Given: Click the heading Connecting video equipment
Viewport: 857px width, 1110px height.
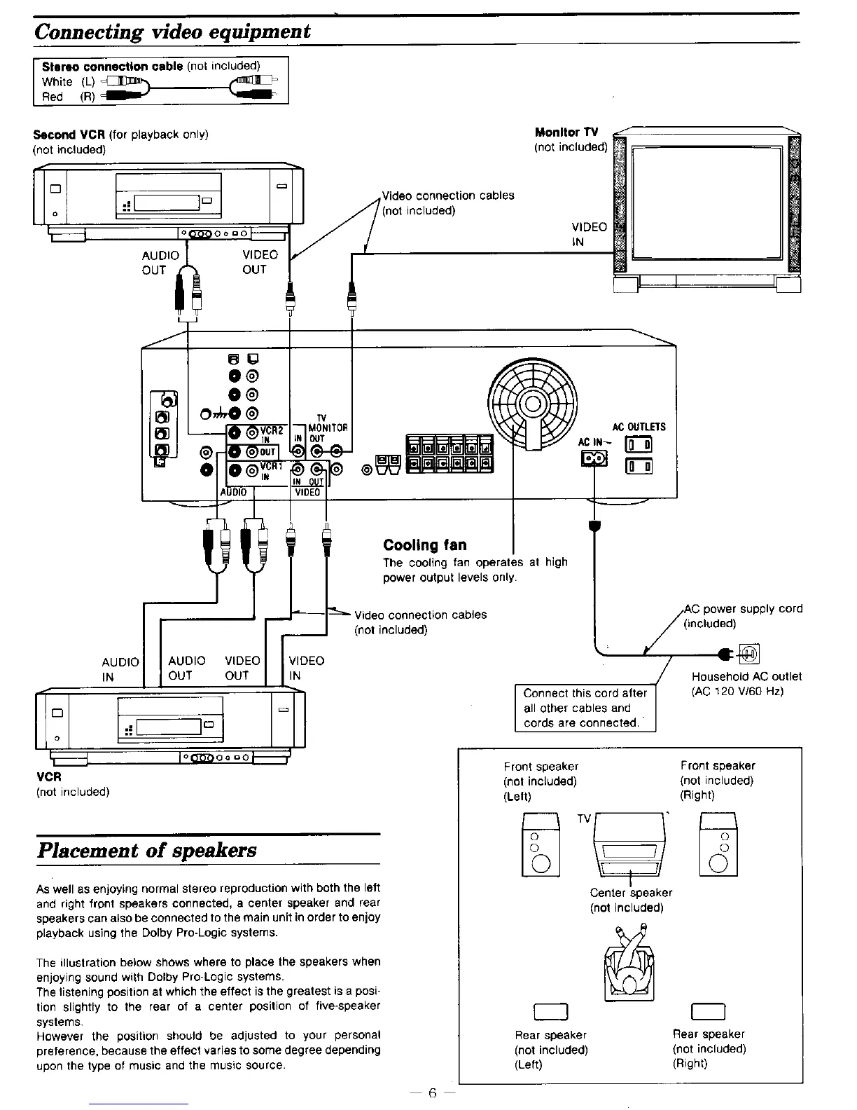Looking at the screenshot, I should click(x=172, y=32).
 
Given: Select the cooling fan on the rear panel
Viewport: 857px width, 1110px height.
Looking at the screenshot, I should click(x=533, y=404).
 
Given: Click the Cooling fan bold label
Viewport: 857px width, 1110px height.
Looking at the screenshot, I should click(x=424, y=545).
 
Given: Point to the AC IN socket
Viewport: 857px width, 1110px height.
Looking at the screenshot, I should click(x=593, y=458).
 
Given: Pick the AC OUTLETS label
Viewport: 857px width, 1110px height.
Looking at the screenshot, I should click(x=639, y=427).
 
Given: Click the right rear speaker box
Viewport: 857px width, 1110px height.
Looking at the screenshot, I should click(x=708, y=1010).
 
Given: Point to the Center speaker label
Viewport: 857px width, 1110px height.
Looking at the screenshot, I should click(x=630, y=893).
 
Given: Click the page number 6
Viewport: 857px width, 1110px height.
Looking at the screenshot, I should click(x=432, y=1092).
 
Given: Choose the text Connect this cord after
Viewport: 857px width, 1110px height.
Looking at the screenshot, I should click(x=585, y=693).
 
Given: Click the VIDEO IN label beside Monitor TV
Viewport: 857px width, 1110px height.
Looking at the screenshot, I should click(x=589, y=234).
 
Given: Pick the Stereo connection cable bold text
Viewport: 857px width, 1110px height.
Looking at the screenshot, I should click(x=113, y=67).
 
